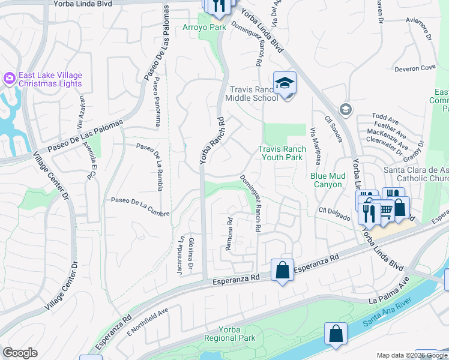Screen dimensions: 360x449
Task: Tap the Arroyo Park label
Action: (x=205, y=28)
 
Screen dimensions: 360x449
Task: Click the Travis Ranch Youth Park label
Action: (x=282, y=153)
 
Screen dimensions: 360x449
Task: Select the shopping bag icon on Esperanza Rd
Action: (x=282, y=270)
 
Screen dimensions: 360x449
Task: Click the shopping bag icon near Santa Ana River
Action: (x=336, y=334)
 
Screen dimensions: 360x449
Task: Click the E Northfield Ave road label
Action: (x=147, y=323)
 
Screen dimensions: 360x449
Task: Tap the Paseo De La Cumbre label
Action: (x=140, y=207)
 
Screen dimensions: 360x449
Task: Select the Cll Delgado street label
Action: (x=334, y=214)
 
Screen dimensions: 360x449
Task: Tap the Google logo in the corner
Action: (x=20, y=353)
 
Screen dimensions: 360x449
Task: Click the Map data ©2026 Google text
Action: (x=412, y=355)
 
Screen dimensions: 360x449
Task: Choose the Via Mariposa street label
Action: (x=314, y=144)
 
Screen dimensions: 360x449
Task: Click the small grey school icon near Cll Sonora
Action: (x=345, y=109)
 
